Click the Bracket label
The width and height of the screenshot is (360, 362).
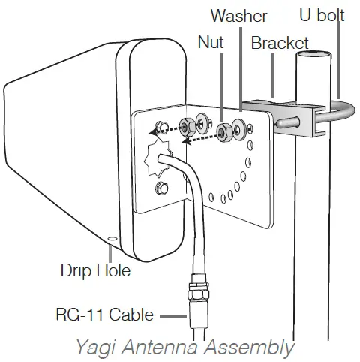click(280, 43)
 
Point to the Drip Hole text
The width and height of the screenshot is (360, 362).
click(95, 270)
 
